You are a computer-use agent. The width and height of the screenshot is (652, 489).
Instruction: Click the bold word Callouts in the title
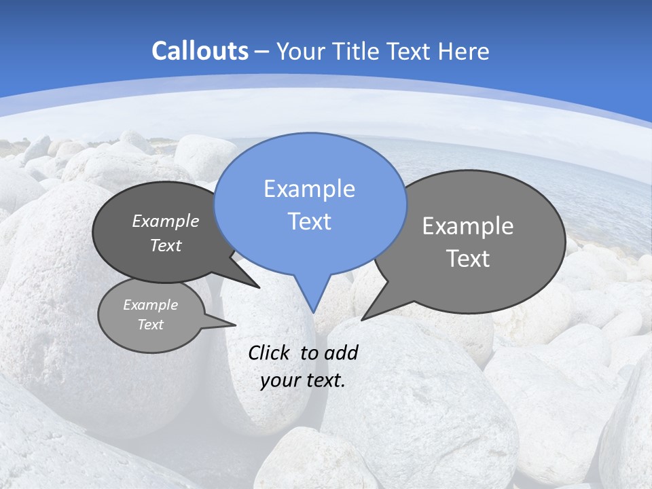[200, 51]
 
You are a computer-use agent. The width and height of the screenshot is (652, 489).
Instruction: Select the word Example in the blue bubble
[309, 189]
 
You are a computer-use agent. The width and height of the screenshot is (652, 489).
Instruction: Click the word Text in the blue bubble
[309, 221]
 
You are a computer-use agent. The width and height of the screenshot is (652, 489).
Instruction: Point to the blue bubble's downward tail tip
[313, 312]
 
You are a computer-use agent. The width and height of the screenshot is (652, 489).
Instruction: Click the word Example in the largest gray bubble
[468, 226]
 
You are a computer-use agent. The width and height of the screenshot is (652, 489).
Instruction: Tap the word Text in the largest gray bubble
[468, 259]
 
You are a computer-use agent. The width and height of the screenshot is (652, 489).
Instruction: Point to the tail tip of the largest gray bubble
[362, 319]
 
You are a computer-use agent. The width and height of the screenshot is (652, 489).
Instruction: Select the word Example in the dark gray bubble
[166, 221]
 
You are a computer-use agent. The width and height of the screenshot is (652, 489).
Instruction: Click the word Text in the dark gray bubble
[166, 245]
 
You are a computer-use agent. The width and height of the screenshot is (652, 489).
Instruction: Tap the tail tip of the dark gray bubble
[259, 287]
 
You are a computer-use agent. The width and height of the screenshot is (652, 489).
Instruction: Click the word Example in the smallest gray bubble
[150, 305]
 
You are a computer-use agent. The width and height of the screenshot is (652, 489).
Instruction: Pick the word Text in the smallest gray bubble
[150, 325]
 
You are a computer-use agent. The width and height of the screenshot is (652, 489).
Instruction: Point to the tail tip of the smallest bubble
[236, 325]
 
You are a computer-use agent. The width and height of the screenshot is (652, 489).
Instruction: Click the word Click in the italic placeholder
[270, 352]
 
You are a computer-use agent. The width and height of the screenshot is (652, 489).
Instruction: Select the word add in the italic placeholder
[341, 352]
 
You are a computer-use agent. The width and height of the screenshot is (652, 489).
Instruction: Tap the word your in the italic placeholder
[279, 380]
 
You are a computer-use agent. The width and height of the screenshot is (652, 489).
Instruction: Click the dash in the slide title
[263, 52]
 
